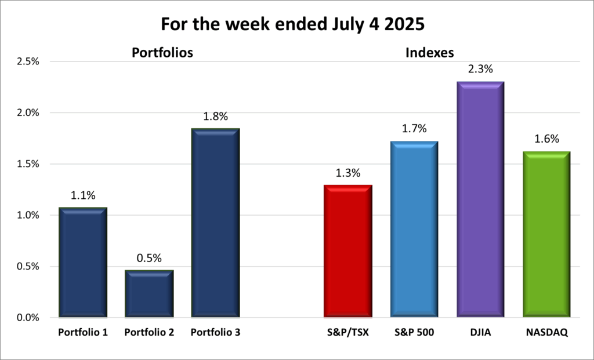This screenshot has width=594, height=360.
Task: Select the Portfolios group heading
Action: click(x=162, y=53)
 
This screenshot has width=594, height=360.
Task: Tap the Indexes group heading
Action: click(x=429, y=53)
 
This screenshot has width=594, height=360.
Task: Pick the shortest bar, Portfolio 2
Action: click(x=149, y=294)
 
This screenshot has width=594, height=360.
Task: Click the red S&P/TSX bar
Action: click(x=347, y=251)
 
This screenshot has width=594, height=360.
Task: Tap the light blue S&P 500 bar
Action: click(x=414, y=230)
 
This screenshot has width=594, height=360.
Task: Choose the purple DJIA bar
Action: click(x=480, y=199)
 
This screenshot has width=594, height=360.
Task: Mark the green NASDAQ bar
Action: click(x=546, y=235)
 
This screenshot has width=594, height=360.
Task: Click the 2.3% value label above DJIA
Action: click(x=480, y=69)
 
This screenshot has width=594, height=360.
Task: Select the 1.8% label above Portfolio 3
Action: click(x=216, y=116)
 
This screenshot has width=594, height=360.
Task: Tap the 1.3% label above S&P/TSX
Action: click(x=347, y=173)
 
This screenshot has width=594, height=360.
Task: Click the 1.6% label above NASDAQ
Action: click(x=546, y=139)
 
